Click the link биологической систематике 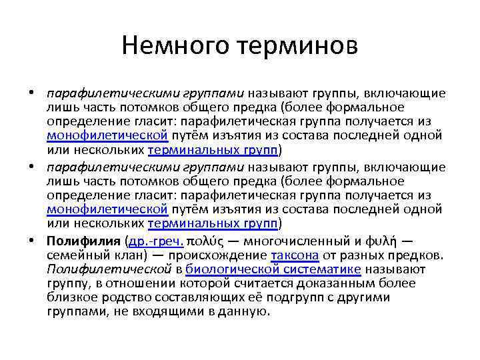tap(273, 269)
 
